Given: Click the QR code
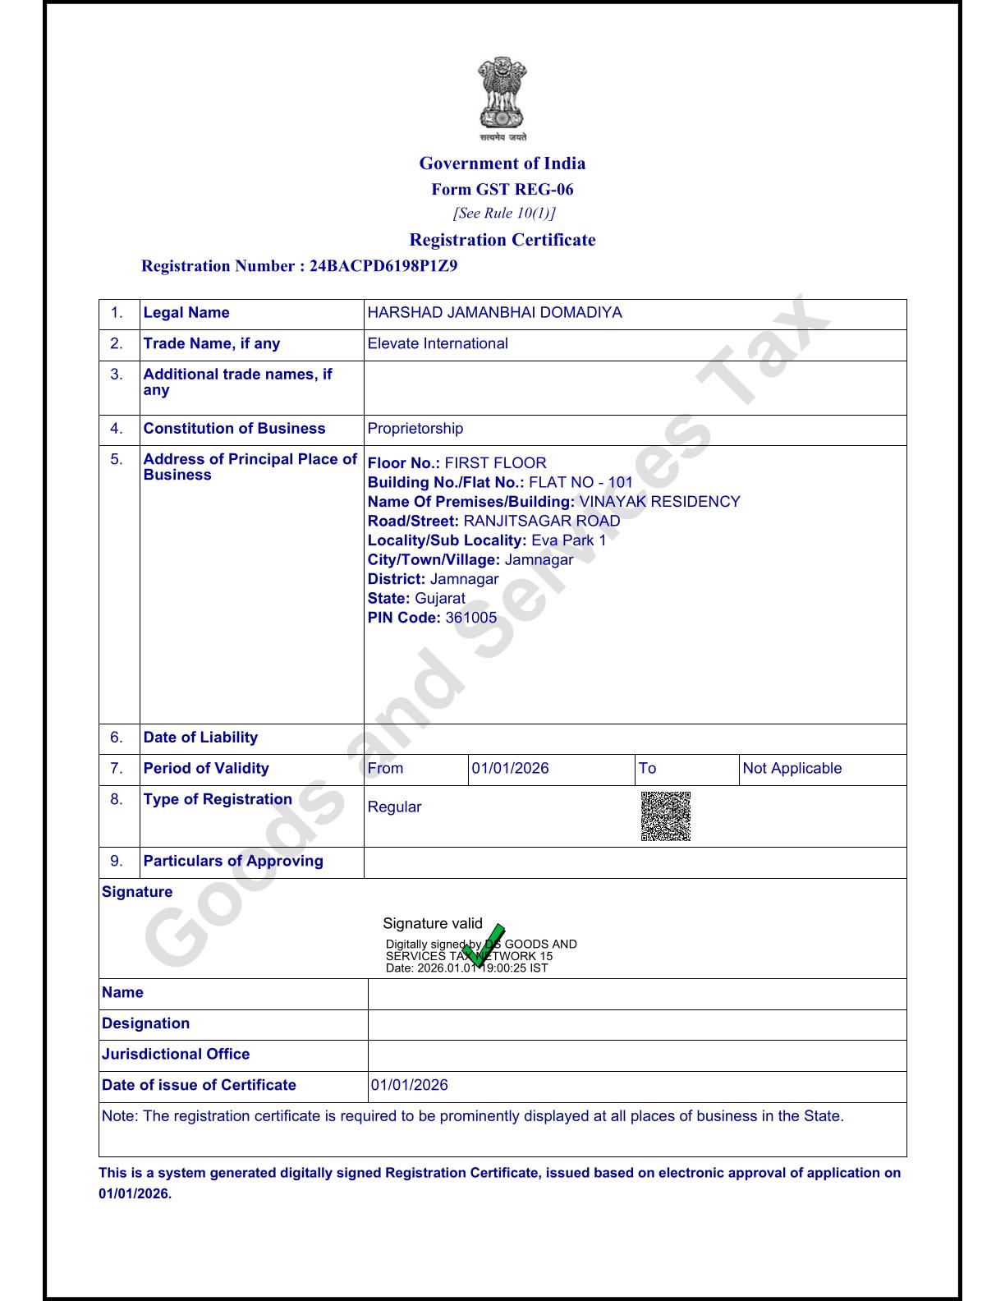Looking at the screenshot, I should [x=665, y=816].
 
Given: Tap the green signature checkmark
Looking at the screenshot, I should [x=484, y=945].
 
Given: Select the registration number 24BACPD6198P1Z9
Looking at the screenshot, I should [x=383, y=266].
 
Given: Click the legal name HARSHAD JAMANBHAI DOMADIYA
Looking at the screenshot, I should [x=494, y=313].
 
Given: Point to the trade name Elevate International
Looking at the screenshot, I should [x=438, y=344].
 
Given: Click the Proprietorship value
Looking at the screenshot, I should [x=415, y=429].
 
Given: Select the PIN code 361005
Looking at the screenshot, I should [x=470, y=618].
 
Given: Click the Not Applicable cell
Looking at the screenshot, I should [x=792, y=769].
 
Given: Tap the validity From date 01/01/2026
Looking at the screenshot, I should [x=510, y=769].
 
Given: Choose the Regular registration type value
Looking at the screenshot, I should [x=394, y=807].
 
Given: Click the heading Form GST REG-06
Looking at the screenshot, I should [x=502, y=190].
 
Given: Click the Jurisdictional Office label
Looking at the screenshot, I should [x=176, y=1055].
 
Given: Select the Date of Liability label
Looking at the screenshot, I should [x=200, y=738].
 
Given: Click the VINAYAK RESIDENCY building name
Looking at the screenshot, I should [x=659, y=502].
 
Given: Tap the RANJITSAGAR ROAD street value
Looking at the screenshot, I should [x=542, y=521].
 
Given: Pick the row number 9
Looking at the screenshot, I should [x=117, y=862].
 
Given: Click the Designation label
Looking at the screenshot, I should [x=145, y=1023].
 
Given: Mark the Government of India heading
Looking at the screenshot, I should [x=502, y=163].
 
